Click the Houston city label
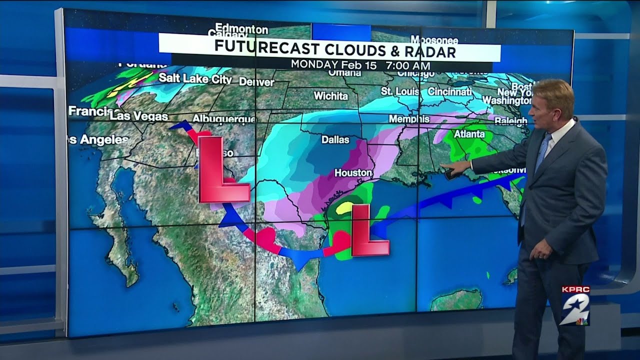tap(353, 173)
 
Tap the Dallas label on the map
tap(335, 140)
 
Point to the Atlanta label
tap(468, 134)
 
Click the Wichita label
tap(330, 95)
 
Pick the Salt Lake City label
tap(195, 79)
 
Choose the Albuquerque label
tap(224, 119)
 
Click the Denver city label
tap(256, 81)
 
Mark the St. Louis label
tap(399, 92)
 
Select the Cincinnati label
tap(450, 92)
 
